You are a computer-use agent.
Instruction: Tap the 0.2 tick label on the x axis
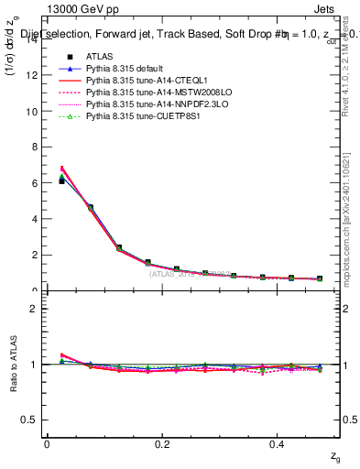tap(162, 443)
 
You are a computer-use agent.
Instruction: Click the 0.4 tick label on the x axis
tap(278, 443)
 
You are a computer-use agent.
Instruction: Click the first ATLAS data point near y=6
tap(61, 180)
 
